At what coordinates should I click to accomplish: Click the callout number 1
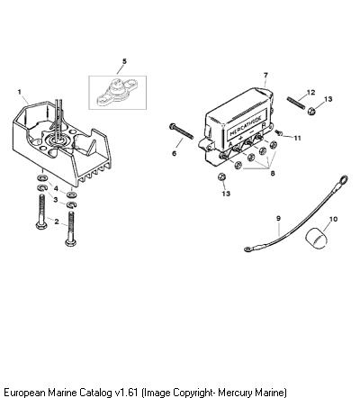20,92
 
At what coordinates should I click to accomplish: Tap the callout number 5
124,61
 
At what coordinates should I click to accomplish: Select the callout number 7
265,76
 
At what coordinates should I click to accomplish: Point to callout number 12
311,92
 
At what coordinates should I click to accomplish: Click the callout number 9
278,219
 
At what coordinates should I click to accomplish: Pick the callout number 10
333,219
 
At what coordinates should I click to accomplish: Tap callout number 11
297,138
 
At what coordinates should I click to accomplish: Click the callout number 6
175,153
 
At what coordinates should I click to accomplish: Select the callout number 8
273,173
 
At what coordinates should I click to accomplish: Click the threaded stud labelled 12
296,103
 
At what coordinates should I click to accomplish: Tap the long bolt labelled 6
181,131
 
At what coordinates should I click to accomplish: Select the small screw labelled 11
278,133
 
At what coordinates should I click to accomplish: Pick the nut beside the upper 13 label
312,112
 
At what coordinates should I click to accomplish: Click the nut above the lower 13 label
221,176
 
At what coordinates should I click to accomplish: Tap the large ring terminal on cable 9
343,180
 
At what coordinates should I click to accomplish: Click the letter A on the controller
230,144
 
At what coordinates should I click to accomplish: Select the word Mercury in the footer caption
235,392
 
